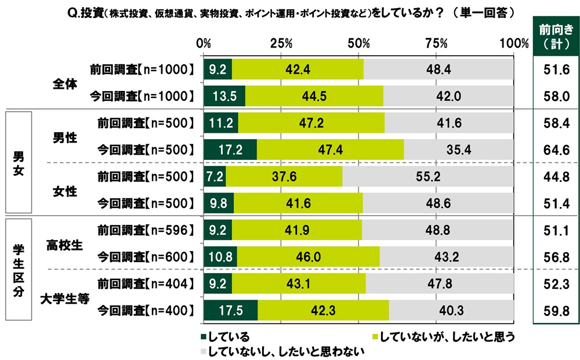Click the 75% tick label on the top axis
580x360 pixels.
(436, 43)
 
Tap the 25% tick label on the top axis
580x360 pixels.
(281, 43)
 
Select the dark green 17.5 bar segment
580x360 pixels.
(231, 311)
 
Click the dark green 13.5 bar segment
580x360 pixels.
(224, 95)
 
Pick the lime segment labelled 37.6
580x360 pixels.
(284, 177)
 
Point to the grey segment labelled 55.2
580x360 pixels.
(428, 177)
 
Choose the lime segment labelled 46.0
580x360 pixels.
(308, 256)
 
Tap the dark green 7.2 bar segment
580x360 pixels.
(214, 177)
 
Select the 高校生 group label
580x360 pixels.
(64, 243)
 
